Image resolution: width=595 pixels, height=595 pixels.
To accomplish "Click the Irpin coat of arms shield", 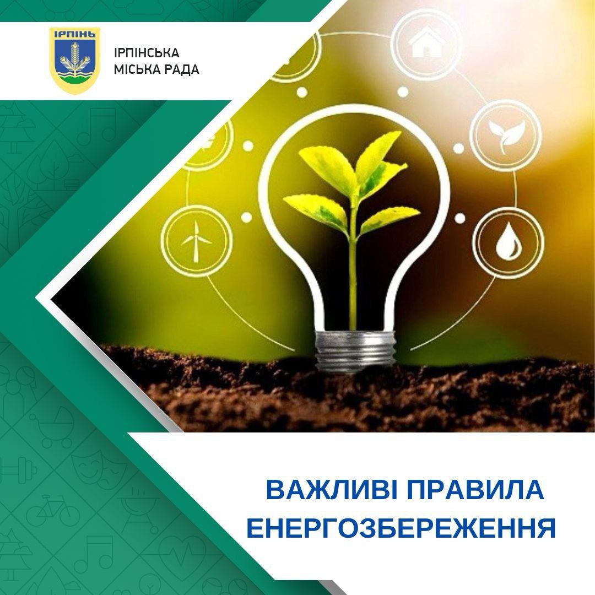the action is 75,61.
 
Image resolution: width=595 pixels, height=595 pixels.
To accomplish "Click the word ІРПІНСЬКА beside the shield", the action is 147,53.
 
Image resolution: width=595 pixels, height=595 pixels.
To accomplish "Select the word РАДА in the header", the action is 179,70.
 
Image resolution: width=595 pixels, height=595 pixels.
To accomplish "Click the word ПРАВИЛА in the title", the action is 475,490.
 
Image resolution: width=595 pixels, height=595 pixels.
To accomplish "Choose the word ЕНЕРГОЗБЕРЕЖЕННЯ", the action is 401,528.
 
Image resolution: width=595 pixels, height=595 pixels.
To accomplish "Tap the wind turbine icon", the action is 196,241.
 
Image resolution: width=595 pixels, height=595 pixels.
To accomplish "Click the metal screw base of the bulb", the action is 355,351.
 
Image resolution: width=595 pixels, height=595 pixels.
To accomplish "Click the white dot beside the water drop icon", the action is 459,218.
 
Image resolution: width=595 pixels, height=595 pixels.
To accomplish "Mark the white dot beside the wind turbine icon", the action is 247,217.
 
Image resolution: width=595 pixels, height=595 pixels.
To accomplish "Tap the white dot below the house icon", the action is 403,91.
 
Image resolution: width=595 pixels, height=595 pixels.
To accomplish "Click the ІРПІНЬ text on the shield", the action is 75,34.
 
